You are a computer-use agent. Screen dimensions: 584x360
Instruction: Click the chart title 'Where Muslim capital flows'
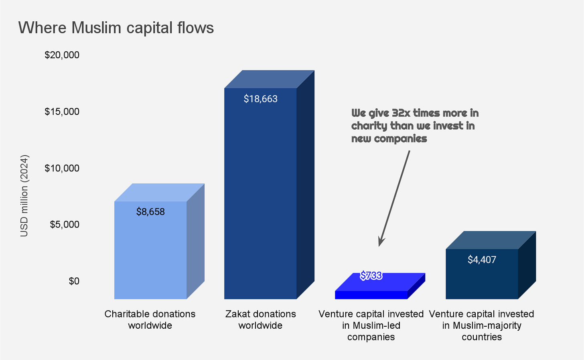point(116,28)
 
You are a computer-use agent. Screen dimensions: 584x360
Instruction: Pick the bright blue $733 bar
point(371,295)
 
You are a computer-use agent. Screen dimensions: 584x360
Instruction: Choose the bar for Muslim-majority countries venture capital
point(482,277)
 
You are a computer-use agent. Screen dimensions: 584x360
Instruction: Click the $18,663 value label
point(260,99)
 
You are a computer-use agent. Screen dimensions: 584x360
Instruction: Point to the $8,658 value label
point(150,212)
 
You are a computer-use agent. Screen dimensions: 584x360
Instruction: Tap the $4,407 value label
point(482,260)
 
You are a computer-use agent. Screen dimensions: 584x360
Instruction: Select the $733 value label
point(371,276)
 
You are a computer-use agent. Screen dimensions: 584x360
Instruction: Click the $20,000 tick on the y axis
point(62,55)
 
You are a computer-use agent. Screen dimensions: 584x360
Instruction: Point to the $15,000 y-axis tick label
point(62,112)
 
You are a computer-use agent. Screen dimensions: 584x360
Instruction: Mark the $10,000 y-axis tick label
point(62,168)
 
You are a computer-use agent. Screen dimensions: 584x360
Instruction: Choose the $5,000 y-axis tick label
point(65,224)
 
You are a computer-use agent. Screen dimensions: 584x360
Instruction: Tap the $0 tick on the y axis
point(74,281)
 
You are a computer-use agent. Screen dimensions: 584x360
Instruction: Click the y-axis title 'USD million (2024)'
point(24,195)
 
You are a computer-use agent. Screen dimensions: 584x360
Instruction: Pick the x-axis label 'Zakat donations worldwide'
point(260,319)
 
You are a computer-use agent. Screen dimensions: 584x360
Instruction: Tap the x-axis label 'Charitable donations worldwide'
point(150,319)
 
